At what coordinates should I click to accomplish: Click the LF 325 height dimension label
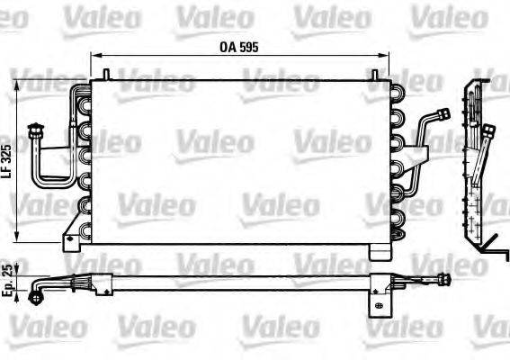coord(7,159)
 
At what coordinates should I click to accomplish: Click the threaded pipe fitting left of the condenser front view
coord(36,132)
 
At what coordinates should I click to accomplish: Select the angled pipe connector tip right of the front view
coord(443,114)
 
